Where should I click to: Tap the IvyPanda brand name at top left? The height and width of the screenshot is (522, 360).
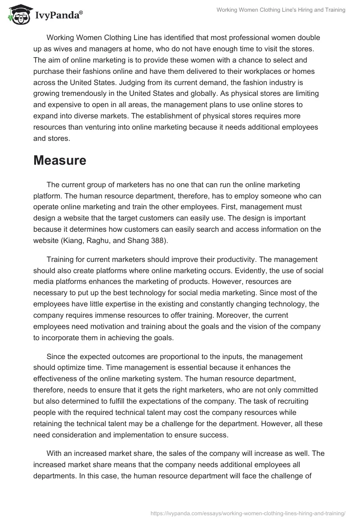(58, 16)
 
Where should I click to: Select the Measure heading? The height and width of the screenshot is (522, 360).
(60, 160)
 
